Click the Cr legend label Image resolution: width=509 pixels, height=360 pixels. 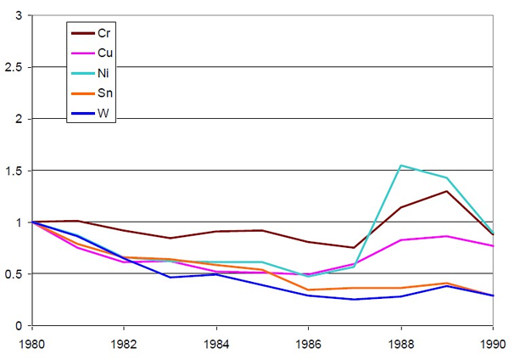pyautogui.click(x=105, y=33)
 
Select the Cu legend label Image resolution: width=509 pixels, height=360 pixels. pyautogui.click(x=105, y=53)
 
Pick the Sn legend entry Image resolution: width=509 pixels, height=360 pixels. pyautogui.click(x=105, y=94)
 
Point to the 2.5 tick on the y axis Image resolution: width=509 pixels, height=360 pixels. pyautogui.click(x=14, y=67)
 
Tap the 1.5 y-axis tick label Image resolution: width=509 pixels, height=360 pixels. pyautogui.click(x=14, y=171)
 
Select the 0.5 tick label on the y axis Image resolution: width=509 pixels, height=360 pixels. pyautogui.click(x=14, y=273)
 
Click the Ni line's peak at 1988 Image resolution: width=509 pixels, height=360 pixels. pyautogui.click(x=400, y=166)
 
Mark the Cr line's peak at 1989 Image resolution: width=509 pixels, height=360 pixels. pyautogui.click(x=446, y=190)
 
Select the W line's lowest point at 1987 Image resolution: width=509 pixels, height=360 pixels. pyautogui.click(x=355, y=299)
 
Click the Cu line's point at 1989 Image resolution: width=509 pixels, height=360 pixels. pyautogui.click(x=446, y=236)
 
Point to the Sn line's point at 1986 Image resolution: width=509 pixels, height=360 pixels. pyautogui.click(x=308, y=290)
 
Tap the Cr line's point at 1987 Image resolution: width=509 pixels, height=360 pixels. pyautogui.click(x=355, y=247)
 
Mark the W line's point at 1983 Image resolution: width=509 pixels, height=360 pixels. pyautogui.click(x=170, y=277)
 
